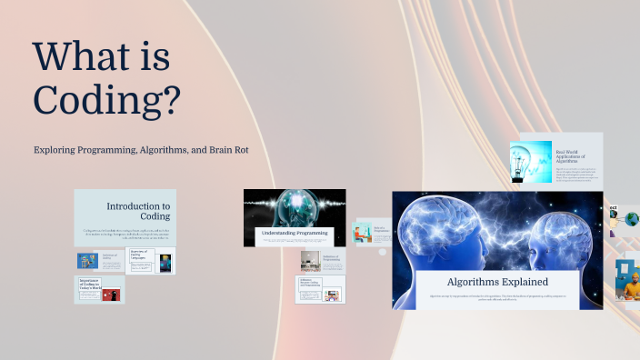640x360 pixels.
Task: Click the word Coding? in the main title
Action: pos(106,100)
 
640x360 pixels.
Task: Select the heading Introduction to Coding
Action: pos(137,211)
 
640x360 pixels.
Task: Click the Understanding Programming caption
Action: pos(294,234)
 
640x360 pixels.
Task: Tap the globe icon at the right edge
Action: pos(631,219)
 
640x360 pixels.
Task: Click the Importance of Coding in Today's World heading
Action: pos(88,288)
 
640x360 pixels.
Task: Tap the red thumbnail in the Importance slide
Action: pos(111,295)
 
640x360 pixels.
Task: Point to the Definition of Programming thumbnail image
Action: pos(308,262)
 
